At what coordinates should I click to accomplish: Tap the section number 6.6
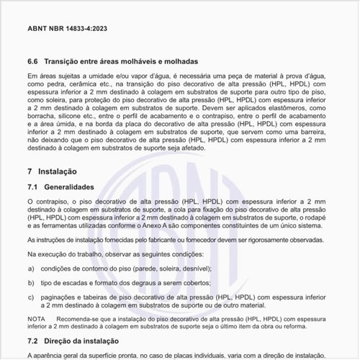pos(32,63)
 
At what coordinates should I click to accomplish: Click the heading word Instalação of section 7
pos(58,172)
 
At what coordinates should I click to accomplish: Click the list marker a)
pos(30,269)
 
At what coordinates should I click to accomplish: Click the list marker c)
pos(30,296)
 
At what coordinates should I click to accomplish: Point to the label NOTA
pos(35,318)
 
